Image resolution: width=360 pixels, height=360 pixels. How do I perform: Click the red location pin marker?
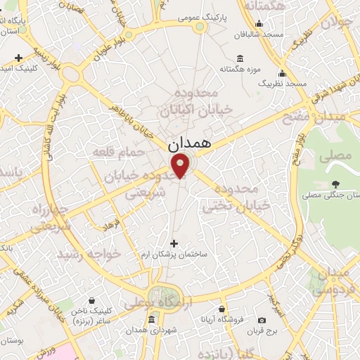[181, 166]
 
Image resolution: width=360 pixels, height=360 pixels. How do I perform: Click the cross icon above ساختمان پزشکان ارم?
[174, 243]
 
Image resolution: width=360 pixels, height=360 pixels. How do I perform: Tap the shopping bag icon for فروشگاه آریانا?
[222, 309]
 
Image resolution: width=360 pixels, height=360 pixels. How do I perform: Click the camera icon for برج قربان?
[262, 320]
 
